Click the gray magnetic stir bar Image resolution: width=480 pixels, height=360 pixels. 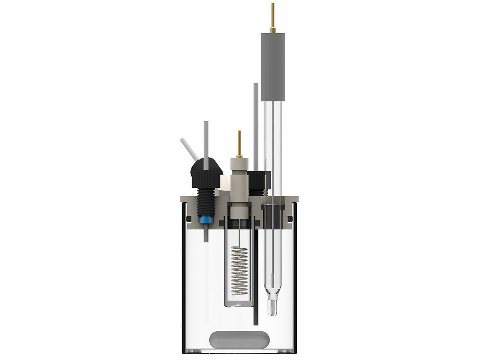pyautogui.click(x=239, y=339)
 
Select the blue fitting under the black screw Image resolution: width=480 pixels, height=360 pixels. pyautogui.click(x=206, y=219)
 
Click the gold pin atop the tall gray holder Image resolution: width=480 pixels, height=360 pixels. pyautogui.click(x=273, y=18)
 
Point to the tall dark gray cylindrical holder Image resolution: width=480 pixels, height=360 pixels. pyautogui.click(x=273, y=66)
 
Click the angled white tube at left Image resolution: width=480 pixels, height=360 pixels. pyautogui.click(x=187, y=148)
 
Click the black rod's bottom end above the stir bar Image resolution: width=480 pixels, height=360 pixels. pyautogui.click(x=255, y=322)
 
